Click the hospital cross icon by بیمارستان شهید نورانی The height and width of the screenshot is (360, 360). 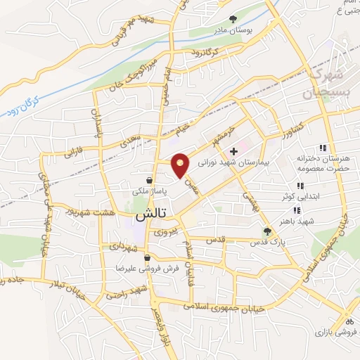(x=234, y=150)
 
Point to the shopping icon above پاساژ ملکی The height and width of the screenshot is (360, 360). (x=148, y=180)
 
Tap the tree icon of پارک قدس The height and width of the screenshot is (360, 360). (x=266, y=231)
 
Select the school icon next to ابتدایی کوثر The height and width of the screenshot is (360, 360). (x=300, y=186)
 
